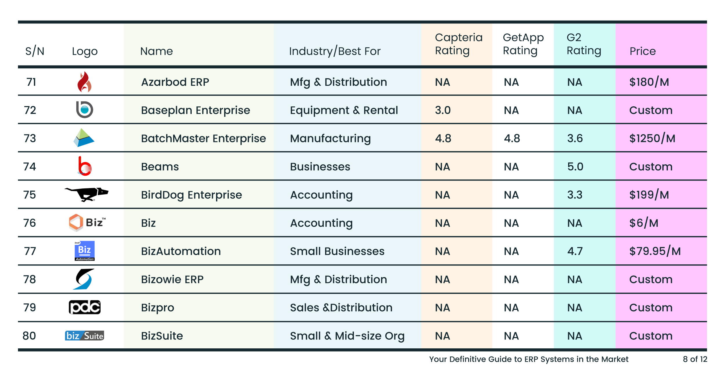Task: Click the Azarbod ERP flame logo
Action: coord(84,82)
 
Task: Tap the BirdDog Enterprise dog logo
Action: coord(86,194)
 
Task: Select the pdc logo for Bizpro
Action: coord(85,307)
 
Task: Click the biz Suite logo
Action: coord(84,336)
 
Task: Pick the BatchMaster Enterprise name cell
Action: coord(203,139)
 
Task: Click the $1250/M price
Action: coord(652,139)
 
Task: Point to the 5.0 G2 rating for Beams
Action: coord(575,167)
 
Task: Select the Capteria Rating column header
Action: coord(458,44)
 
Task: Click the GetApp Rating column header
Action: coord(523,44)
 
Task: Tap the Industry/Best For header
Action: coord(335,51)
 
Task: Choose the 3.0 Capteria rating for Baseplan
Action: coord(443,110)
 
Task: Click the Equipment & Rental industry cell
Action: coord(344,110)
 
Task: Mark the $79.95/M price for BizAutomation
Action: coord(655,251)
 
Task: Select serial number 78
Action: coord(30,279)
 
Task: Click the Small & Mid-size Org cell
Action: coord(347,336)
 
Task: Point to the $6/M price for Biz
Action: coord(644,223)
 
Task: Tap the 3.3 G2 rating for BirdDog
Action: coord(575,195)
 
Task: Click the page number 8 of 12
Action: coord(695,359)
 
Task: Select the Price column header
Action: coord(643,51)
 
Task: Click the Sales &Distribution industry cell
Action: coord(341,308)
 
